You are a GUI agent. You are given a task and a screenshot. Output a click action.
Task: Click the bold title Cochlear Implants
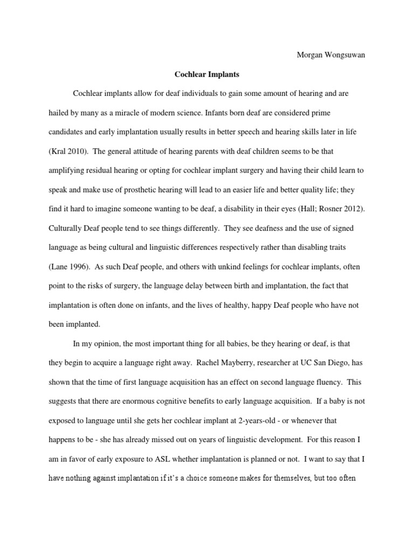click(207, 75)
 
